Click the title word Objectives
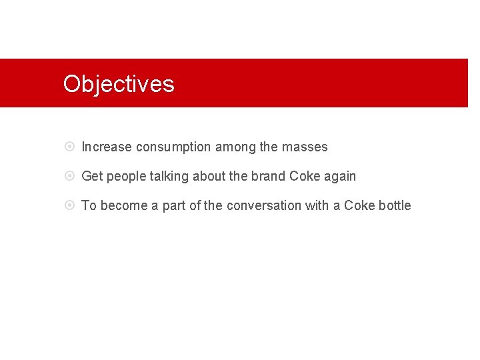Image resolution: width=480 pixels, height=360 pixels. pos(119,84)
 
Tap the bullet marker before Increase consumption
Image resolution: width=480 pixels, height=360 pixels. pos(70,147)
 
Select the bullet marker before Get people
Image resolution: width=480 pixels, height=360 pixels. pos(70,176)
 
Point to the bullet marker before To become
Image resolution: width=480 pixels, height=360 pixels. pos(70,205)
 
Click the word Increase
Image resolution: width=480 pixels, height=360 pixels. pos(107,147)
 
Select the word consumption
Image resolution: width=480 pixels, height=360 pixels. pos(173,147)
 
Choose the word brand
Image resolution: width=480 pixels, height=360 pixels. pos(268,176)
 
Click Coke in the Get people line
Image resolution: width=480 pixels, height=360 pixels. pos(305,176)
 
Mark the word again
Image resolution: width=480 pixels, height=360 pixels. pos(340,177)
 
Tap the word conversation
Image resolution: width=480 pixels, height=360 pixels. pos(264,205)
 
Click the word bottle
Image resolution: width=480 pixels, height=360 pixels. pos(395,205)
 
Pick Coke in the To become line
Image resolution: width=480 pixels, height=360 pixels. pos(359,205)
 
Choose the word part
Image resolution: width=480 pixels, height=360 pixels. pos(174,206)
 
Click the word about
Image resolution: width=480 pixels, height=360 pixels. pos(209,176)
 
